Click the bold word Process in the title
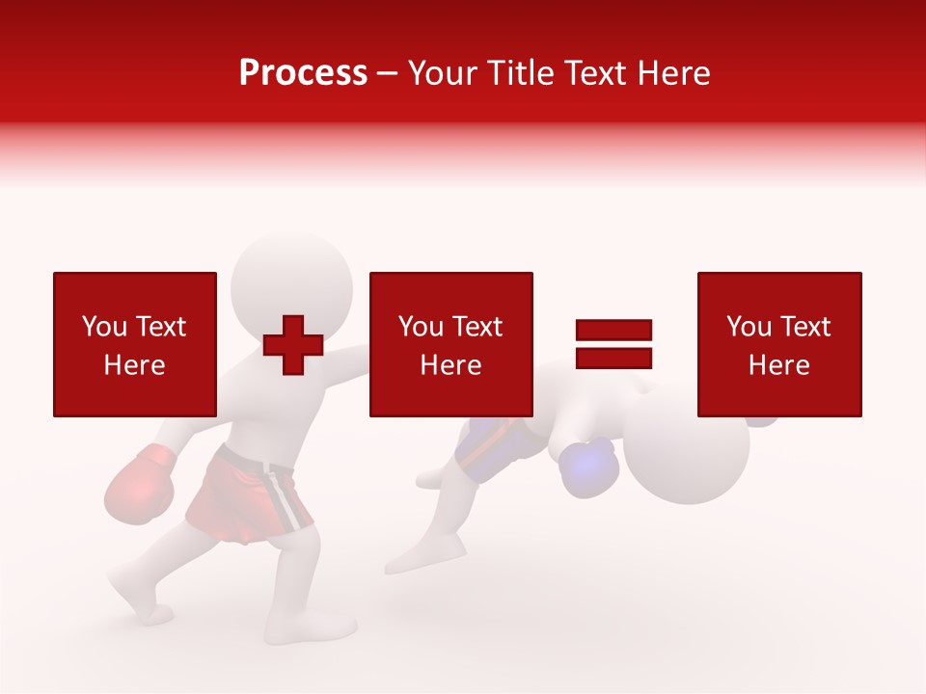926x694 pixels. point(303,73)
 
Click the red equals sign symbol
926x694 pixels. point(613,344)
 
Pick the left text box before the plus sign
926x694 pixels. point(135,344)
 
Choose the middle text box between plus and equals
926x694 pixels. point(450,344)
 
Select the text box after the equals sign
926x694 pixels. point(779,344)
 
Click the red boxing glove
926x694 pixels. point(139,486)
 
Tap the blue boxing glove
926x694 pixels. point(589,467)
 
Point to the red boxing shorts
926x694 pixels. point(249,494)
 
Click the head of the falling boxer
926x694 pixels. point(687,447)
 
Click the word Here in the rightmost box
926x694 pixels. point(779,364)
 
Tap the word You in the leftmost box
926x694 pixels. point(104,326)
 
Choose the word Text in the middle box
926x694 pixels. point(477,326)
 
